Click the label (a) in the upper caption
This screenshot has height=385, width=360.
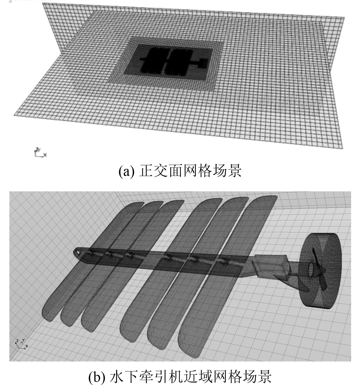126,171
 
